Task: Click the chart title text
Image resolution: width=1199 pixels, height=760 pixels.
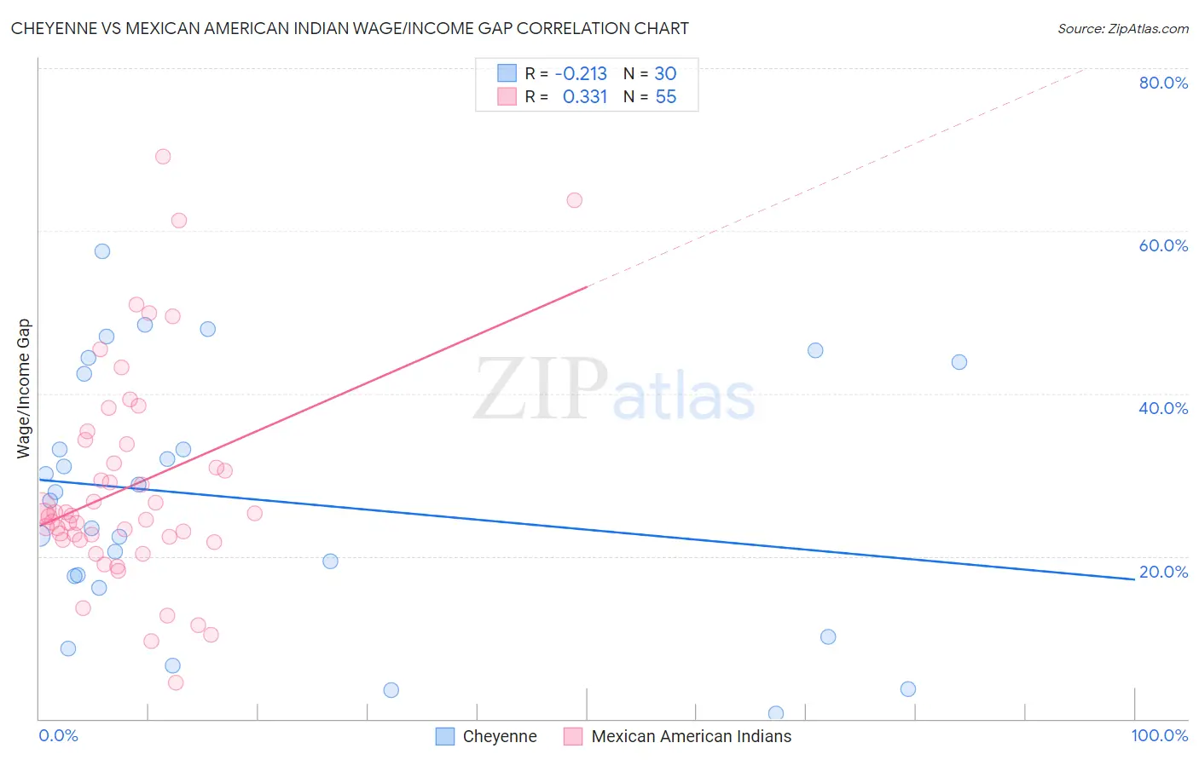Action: click(350, 28)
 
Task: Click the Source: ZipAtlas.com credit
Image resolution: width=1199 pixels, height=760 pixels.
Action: click(1122, 29)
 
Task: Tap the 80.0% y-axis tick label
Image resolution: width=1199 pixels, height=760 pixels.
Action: click(1163, 83)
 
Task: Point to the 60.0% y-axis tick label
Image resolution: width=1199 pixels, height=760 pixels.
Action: click(1163, 245)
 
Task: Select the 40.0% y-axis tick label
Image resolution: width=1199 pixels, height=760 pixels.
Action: click(1163, 408)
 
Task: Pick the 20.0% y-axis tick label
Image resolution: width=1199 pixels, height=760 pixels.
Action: click(1163, 572)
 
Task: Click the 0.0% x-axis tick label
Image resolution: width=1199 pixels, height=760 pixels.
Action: click(58, 735)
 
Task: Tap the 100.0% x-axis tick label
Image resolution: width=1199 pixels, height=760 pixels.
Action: click(1159, 735)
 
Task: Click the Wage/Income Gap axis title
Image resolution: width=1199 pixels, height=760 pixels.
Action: click(23, 389)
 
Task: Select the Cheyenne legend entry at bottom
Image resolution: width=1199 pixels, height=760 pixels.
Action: click(487, 736)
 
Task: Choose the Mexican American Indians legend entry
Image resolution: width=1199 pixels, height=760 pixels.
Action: click(678, 736)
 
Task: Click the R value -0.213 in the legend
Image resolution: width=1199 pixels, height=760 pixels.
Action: click(581, 74)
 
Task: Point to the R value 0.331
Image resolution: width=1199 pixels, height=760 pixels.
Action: click(584, 97)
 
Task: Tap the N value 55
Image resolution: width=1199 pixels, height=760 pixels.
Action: click(665, 97)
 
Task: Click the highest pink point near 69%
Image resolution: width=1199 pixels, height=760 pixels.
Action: click(163, 157)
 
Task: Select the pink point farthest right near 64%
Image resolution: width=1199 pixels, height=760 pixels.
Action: click(575, 200)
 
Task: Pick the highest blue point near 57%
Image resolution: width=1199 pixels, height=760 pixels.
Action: click(102, 251)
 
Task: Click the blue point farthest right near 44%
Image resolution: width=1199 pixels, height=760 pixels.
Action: click(959, 362)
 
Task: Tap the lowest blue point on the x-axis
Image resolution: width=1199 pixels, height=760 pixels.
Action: click(776, 713)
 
